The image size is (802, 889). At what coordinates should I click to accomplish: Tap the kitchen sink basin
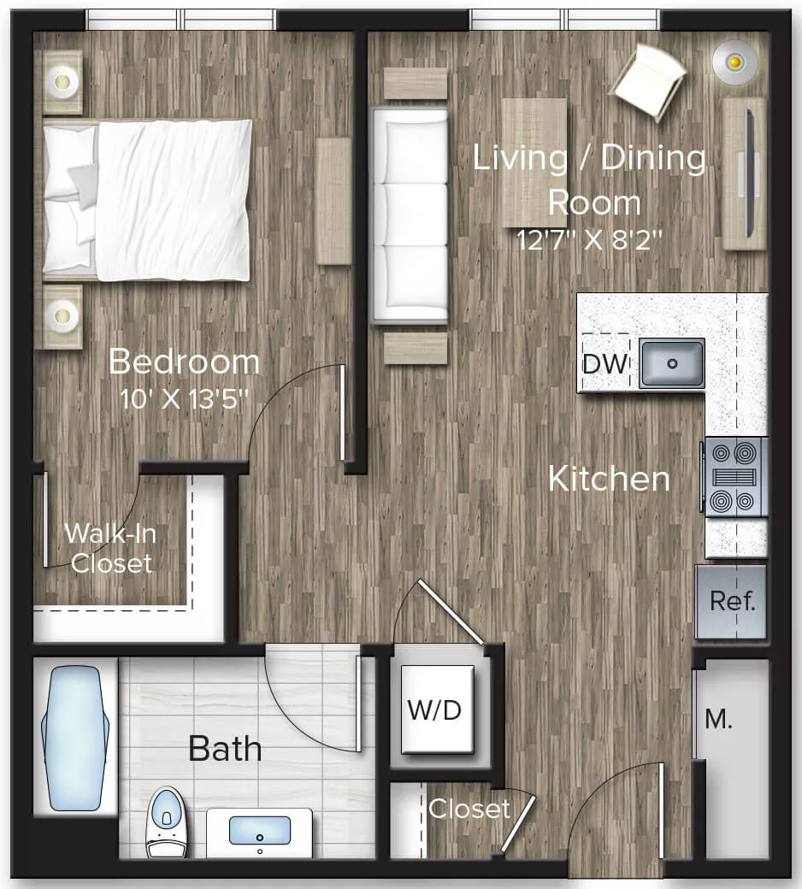672,362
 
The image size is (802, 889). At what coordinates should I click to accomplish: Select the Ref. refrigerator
732,601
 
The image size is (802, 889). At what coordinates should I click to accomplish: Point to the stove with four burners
735,477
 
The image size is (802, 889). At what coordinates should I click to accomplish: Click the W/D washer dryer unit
438,709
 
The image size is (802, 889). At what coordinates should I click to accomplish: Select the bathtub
75,739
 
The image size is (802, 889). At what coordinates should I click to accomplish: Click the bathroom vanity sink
259,831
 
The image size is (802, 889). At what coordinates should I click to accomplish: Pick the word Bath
225,750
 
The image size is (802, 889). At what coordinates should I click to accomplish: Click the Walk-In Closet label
110,547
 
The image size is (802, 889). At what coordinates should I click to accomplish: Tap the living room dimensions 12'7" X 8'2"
591,238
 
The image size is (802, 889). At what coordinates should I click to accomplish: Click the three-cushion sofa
409,215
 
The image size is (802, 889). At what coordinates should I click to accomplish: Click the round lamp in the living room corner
734,62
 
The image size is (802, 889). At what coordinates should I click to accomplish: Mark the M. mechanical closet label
718,720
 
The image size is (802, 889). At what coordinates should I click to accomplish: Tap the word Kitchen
609,479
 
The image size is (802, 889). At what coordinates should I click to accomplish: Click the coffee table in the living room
534,162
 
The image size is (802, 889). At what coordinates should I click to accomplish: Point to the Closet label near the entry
469,809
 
